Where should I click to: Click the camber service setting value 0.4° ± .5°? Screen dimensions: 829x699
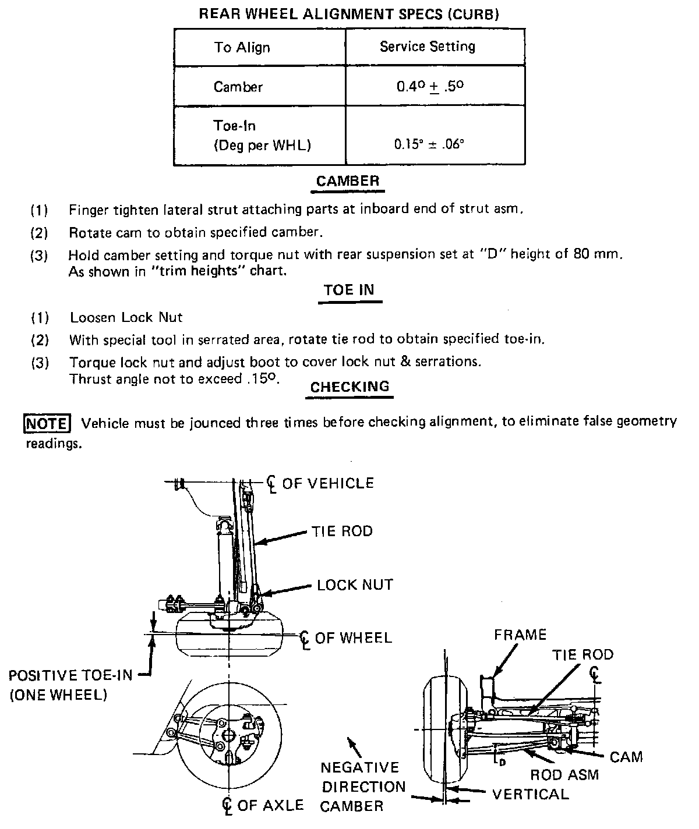(430, 87)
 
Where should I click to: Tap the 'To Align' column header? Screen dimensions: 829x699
(242, 47)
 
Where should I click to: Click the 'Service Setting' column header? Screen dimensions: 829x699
(428, 47)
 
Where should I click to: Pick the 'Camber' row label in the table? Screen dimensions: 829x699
(238, 87)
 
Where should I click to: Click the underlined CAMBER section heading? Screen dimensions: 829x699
(348, 181)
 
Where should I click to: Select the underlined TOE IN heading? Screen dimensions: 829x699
(349, 290)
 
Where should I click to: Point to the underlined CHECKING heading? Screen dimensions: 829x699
(349, 387)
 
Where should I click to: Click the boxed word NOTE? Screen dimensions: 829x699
(46, 423)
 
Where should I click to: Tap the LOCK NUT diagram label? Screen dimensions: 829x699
(355, 584)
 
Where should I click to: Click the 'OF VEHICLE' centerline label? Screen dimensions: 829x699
(327, 483)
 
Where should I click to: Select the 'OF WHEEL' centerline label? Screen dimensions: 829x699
(353, 638)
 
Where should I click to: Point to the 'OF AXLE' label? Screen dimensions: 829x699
(270, 805)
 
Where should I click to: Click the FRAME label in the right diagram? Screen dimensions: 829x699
(520, 635)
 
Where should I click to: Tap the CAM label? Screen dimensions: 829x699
(626, 757)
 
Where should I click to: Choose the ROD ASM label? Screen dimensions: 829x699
(564, 775)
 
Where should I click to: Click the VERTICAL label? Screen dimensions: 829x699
(530, 794)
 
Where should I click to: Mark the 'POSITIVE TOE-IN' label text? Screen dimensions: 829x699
(70, 675)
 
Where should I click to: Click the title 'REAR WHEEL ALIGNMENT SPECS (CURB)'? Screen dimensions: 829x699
(349, 15)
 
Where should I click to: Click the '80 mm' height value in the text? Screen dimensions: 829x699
(602, 254)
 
